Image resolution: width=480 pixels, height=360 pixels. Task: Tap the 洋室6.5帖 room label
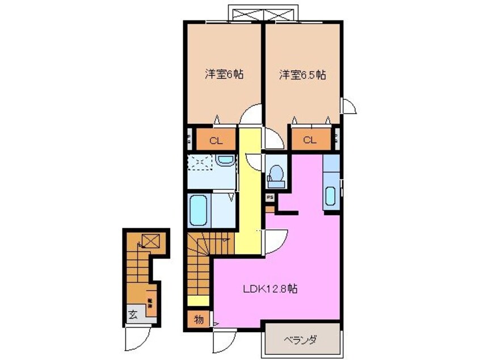(x=301, y=74)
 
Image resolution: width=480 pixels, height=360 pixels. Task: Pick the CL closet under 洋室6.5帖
(x=309, y=141)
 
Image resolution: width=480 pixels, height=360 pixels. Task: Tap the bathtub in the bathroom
(x=198, y=211)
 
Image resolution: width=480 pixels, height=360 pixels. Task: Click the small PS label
(x=271, y=197)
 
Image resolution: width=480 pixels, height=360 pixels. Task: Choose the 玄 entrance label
(x=132, y=314)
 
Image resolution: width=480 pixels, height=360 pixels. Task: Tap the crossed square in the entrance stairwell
(x=150, y=241)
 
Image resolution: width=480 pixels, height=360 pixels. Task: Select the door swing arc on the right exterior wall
(x=348, y=106)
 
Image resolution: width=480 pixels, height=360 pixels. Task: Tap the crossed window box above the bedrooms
(x=262, y=14)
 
